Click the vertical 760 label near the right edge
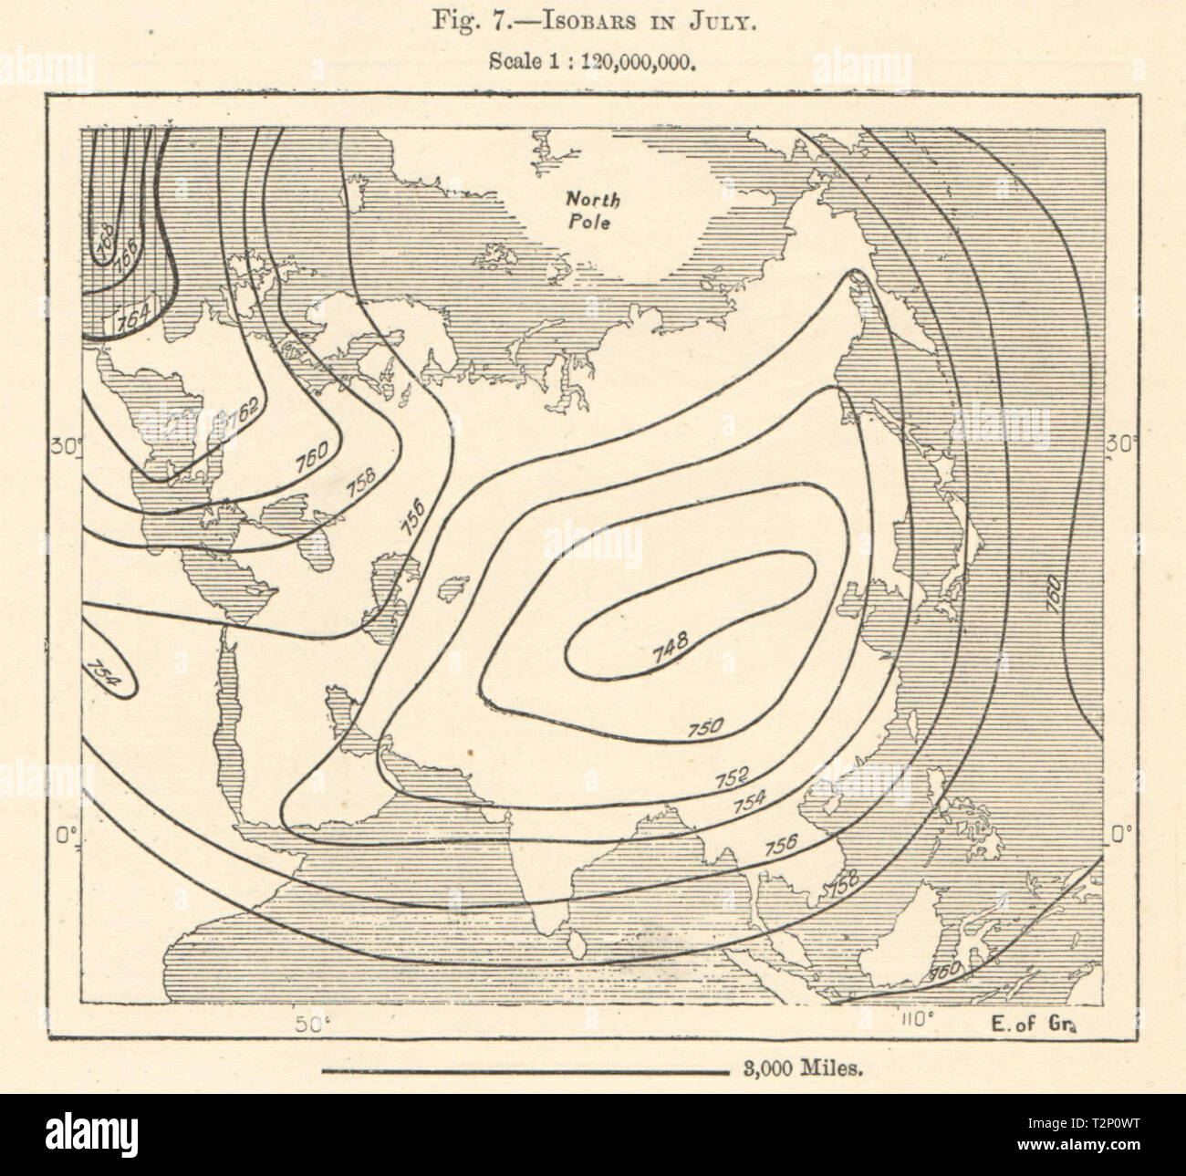click(1054, 594)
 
